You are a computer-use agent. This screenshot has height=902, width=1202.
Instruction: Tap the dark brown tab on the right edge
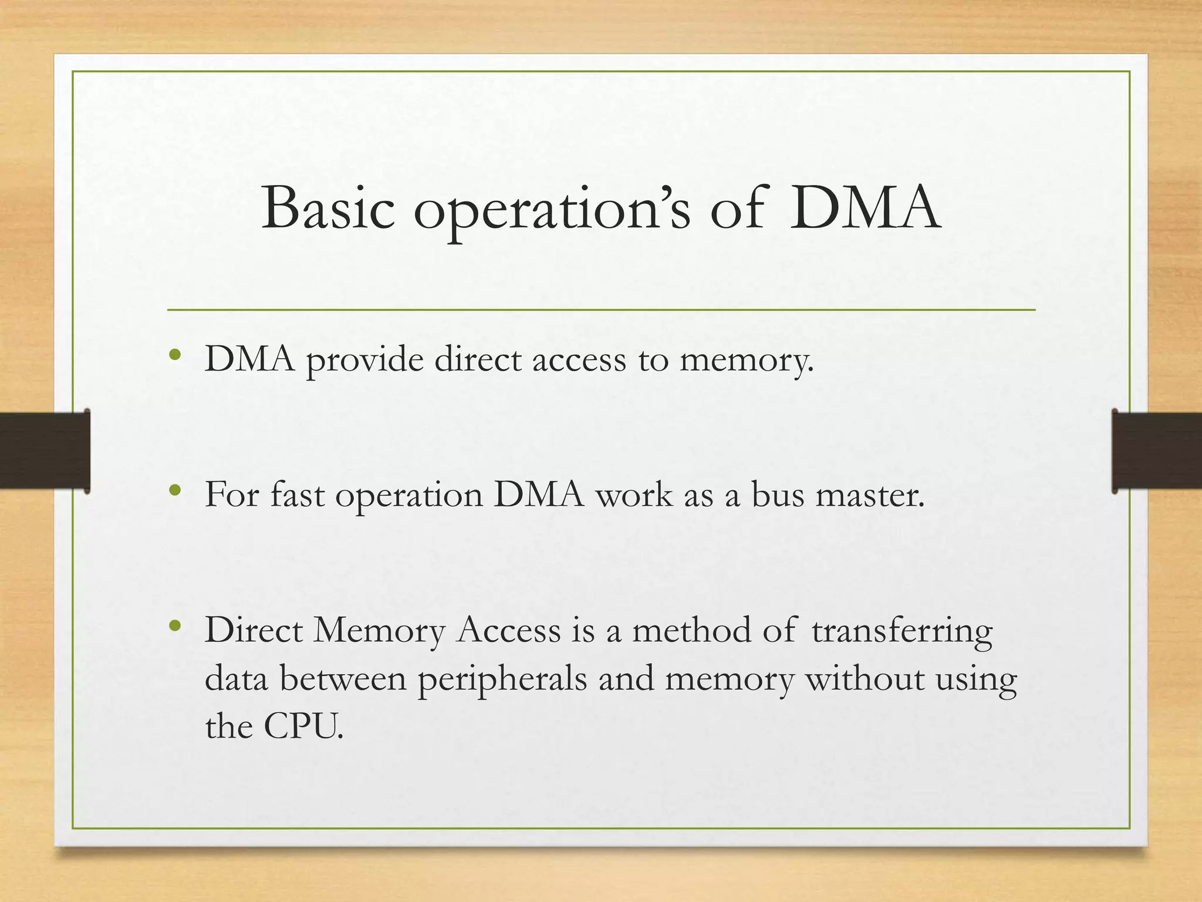(1156, 450)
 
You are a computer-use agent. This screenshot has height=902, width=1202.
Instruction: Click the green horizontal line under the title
(601, 309)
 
